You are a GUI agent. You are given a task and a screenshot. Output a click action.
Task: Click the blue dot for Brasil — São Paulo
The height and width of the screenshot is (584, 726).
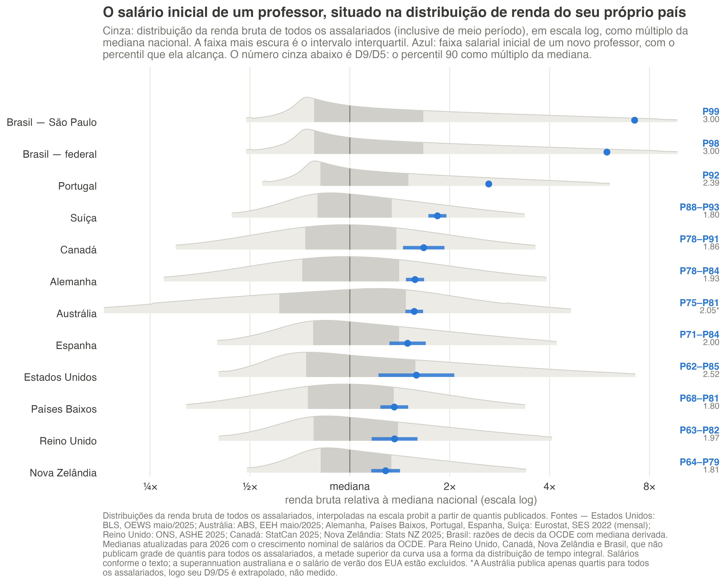(x=634, y=120)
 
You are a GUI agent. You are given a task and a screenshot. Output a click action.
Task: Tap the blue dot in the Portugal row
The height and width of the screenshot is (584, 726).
(x=489, y=184)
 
